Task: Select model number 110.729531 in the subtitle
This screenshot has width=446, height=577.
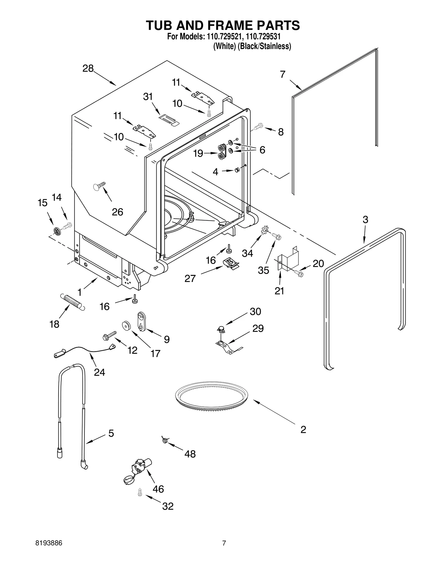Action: [263, 37]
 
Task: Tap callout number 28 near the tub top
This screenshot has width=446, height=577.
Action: [88, 69]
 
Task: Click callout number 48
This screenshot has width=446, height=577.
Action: [190, 454]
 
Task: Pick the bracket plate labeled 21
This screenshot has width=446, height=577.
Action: [288, 258]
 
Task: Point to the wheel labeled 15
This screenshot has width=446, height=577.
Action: [57, 231]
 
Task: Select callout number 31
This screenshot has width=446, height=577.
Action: [148, 97]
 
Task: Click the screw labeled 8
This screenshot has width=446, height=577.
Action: [258, 126]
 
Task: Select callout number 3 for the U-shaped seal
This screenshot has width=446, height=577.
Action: [365, 220]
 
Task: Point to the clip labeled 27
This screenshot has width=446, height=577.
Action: [231, 263]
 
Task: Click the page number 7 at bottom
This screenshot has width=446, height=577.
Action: [224, 543]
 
